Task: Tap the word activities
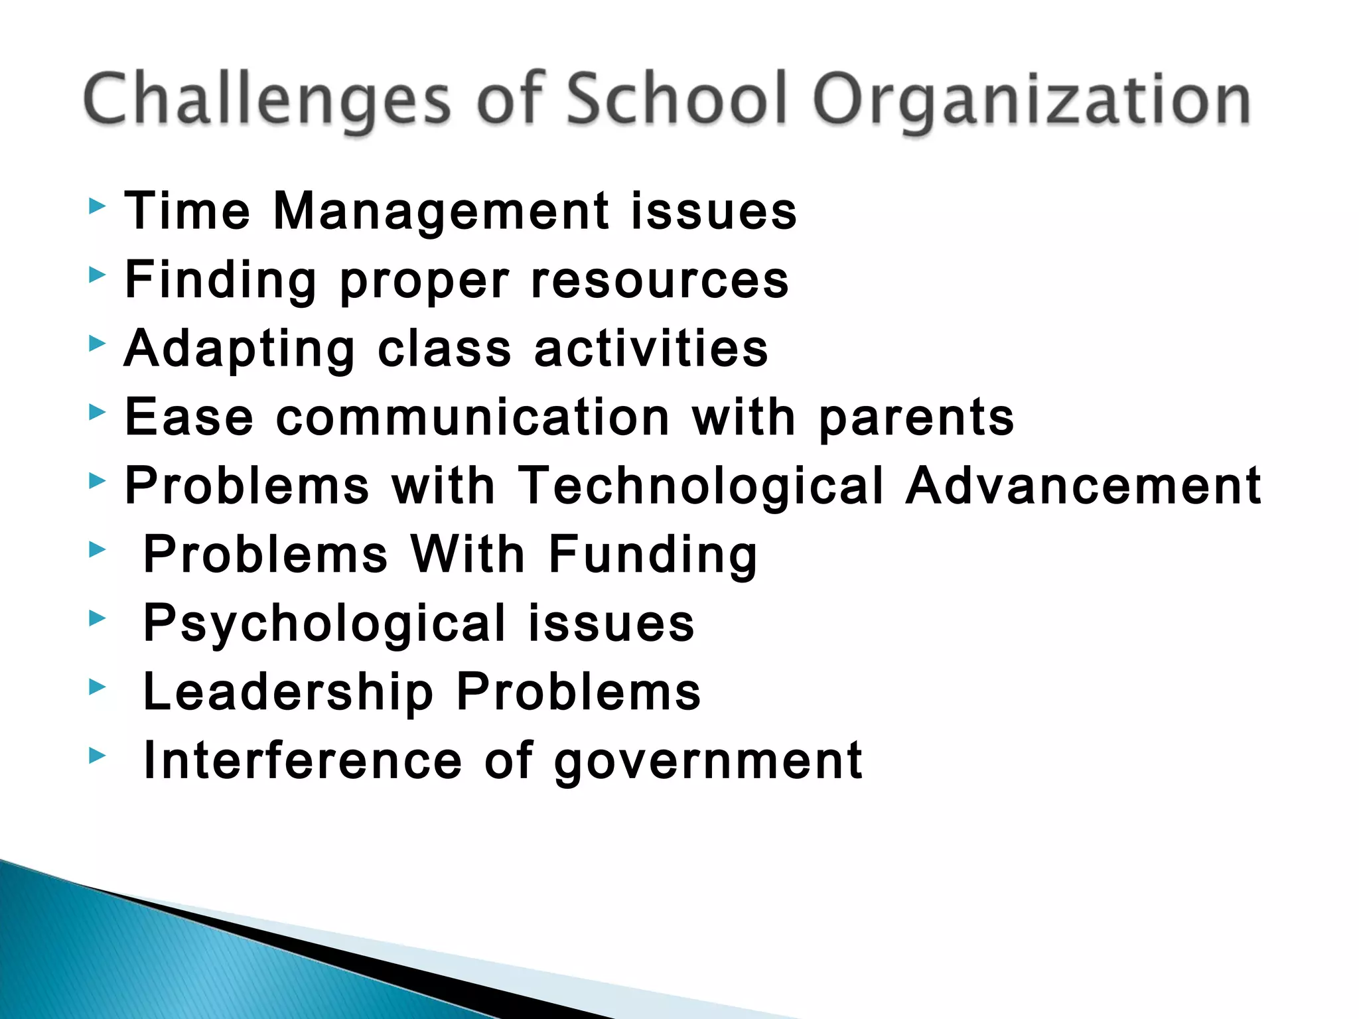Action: tap(651, 349)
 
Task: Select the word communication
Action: tap(473, 418)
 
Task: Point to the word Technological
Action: tap(701, 486)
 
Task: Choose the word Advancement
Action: tap(1084, 486)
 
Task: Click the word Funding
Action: tap(653, 556)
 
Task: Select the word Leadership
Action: tap(289, 693)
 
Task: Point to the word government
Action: tap(708, 762)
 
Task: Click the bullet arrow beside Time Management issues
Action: tap(97, 206)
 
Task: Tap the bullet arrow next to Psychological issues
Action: tap(97, 618)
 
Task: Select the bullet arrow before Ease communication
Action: tap(97, 413)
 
